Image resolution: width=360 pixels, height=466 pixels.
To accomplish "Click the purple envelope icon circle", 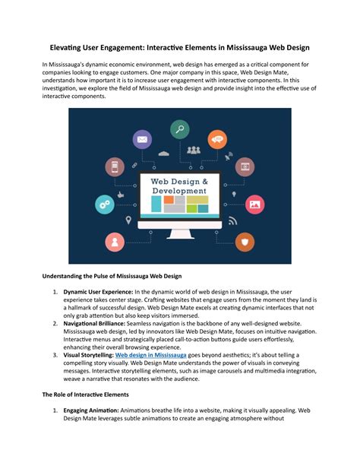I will [142, 139].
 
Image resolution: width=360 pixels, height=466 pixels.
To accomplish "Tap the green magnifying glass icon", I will [180, 130].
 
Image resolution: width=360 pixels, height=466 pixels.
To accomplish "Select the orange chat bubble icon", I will [218, 139].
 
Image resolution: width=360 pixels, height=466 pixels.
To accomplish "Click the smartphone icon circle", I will [116, 166].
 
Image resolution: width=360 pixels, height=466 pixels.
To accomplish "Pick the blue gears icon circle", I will [103, 204].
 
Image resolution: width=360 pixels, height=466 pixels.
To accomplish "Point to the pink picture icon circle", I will [255, 204].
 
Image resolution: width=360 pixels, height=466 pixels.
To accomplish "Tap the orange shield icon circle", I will [245, 242].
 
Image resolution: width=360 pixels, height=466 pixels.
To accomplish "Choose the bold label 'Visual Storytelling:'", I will [88, 333].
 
